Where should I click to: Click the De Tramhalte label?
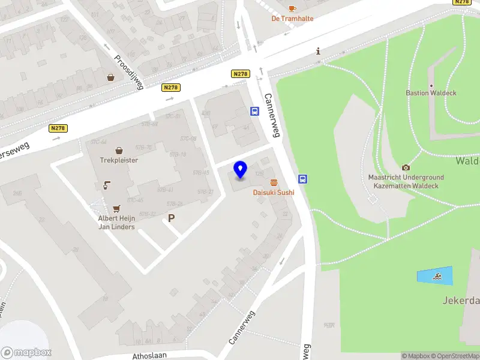click(x=292, y=19)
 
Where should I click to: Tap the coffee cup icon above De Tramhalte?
click(x=292, y=8)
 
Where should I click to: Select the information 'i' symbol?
click(x=318, y=52)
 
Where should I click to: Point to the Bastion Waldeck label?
click(x=431, y=93)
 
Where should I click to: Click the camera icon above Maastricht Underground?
click(x=406, y=167)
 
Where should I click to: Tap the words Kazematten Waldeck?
click(x=406, y=186)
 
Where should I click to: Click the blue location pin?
click(x=240, y=170)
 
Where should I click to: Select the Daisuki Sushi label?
click(x=274, y=192)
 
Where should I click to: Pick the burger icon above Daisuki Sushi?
click(x=274, y=182)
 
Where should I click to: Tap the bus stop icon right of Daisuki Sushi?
click(x=303, y=179)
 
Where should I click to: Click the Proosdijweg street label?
click(x=129, y=73)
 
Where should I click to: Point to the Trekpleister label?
click(x=119, y=160)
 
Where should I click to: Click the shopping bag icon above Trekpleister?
click(x=119, y=150)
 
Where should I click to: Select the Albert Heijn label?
click(x=116, y=218)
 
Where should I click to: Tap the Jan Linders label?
click(x=116, y=227)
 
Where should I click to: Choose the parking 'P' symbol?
click(x=172, y=219)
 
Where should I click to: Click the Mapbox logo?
click(x=26, y=353)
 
